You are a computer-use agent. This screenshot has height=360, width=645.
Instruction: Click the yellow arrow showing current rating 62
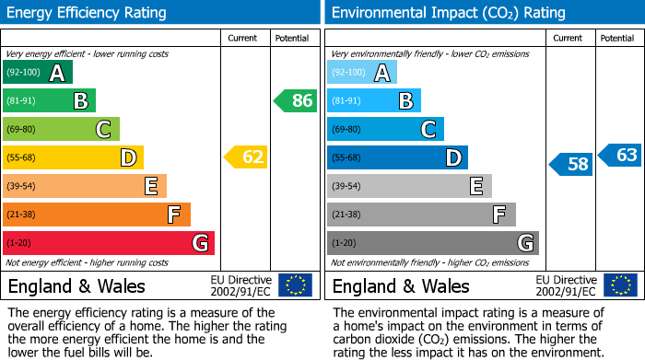[x=246, y=157]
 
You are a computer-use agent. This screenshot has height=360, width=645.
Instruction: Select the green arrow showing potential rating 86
[x=296, y=100]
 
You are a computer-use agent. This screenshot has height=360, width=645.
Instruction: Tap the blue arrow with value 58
[x=570, y=165]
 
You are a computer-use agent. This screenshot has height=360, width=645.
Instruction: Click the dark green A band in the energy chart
[x=37, y=73]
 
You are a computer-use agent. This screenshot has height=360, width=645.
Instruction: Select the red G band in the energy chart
[x=108, y=243]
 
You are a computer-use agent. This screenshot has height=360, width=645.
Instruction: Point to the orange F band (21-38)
[x=96, y=215]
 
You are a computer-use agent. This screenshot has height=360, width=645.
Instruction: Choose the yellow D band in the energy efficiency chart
[x=73, y=157]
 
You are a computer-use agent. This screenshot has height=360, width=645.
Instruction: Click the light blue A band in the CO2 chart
[x=361, y=73]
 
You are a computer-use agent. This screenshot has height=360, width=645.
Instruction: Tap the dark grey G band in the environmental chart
[x=432, y=243]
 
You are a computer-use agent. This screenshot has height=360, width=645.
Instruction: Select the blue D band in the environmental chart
[x=397, y=157]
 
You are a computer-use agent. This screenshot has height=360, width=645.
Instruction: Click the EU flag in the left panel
[x=295, y=285]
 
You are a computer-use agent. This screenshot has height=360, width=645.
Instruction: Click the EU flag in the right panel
[x=619, y=285]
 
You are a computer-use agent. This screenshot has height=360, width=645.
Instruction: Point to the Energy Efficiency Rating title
[x=88, y=13]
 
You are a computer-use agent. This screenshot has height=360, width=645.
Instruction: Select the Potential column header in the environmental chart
[x=617, y=38]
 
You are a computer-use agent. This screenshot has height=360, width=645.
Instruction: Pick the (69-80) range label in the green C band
[x=22, y=130]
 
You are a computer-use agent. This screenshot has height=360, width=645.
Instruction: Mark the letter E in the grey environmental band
[x=475, y=187]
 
